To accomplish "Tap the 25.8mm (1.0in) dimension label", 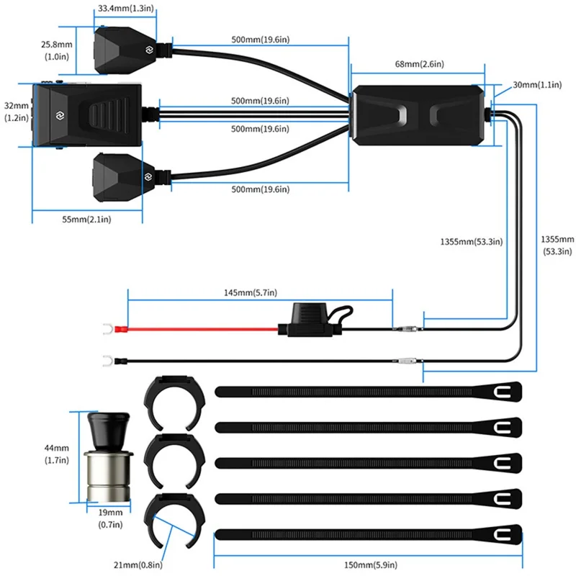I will point(55,50).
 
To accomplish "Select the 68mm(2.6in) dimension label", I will point(419,65).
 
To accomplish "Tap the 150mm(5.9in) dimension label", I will point(368,565).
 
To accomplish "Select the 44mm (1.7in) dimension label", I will point(55,453).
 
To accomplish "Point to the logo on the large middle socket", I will point(55,114).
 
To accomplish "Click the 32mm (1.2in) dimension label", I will point(15,110).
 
